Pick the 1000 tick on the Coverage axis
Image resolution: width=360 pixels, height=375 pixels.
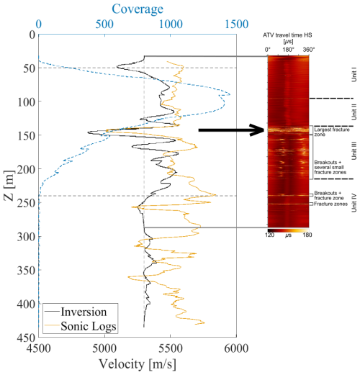[170, 24]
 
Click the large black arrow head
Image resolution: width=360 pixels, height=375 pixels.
[258, 130]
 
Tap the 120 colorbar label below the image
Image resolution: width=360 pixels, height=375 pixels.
[271, 214]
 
